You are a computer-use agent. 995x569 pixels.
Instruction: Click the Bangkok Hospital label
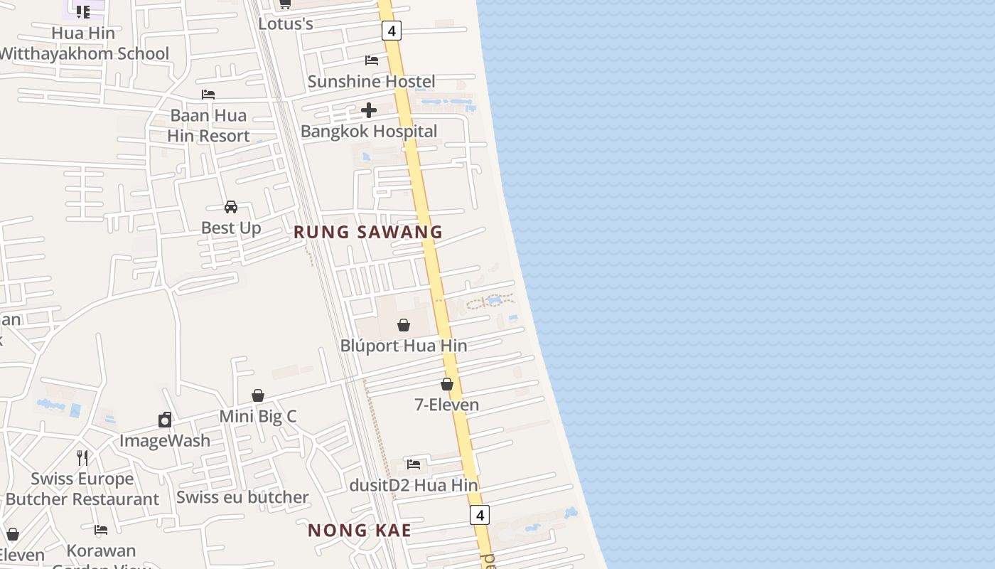(369, 131)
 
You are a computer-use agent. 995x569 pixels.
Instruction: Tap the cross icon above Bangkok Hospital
(369, 110)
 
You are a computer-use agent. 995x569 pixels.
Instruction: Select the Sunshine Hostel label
(371, 81)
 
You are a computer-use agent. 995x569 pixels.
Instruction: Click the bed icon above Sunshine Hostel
(372, 60)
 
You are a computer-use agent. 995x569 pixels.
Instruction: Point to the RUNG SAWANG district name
(368, 232)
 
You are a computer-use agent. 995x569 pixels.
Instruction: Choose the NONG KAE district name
(360, 530)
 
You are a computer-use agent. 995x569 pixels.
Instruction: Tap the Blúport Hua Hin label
(404, 346)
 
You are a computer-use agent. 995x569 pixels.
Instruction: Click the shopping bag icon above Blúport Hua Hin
(404, 325)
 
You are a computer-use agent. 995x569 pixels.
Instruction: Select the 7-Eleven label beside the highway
(447, 405)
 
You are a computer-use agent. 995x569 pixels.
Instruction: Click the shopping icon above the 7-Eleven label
(447, 384)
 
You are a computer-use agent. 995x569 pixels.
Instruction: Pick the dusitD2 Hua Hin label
(414, 485)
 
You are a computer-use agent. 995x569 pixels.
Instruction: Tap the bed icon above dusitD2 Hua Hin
(414, 464)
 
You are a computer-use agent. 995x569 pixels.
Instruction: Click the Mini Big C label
(258, 416)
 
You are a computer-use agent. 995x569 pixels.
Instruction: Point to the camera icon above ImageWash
(165, 420)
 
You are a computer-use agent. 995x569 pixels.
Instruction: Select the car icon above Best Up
(231, 207)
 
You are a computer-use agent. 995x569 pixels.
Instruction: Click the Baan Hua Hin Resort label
(209, 125)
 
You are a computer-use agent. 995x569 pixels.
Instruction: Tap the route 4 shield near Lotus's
(391, 31)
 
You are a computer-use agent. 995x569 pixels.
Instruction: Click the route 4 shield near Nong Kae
(480, 515)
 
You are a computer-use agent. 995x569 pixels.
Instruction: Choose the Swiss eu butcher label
(242, 497)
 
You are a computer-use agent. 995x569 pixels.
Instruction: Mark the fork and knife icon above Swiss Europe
(82, 457)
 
